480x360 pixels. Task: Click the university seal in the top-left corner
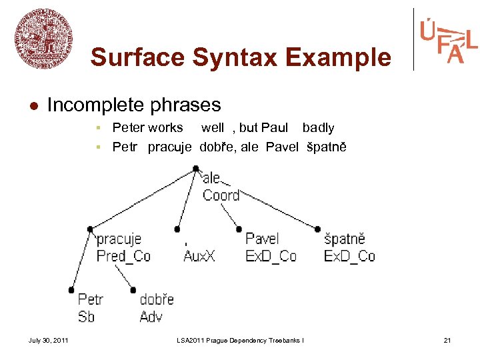tap(43, 38)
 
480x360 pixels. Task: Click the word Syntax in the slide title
tap(232, 57)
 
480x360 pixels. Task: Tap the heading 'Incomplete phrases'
tap(134, 105)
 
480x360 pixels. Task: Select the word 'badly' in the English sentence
tap(319, 127)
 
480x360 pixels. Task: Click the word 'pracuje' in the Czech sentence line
tap(169, 147)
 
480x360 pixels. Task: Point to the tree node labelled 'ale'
tap(211, 178)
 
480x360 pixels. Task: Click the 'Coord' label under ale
tap(221, 195)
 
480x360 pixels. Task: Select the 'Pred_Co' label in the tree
tap(123, 256)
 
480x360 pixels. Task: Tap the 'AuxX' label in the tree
tap(199, 256)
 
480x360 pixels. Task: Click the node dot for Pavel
tap(239, 229)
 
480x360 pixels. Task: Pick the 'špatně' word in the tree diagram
tap(344, 239)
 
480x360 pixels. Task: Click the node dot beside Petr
tap(71, 290)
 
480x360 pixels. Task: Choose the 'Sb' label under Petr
tap(86, 317)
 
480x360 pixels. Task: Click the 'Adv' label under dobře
tap(151, 317)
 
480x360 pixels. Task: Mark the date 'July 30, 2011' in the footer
tap(48, 341)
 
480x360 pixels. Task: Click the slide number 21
tap(447, 341)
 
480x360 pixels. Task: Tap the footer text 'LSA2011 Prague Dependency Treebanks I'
tap(240, 341)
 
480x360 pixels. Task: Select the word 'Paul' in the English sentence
tap(275, 127)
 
